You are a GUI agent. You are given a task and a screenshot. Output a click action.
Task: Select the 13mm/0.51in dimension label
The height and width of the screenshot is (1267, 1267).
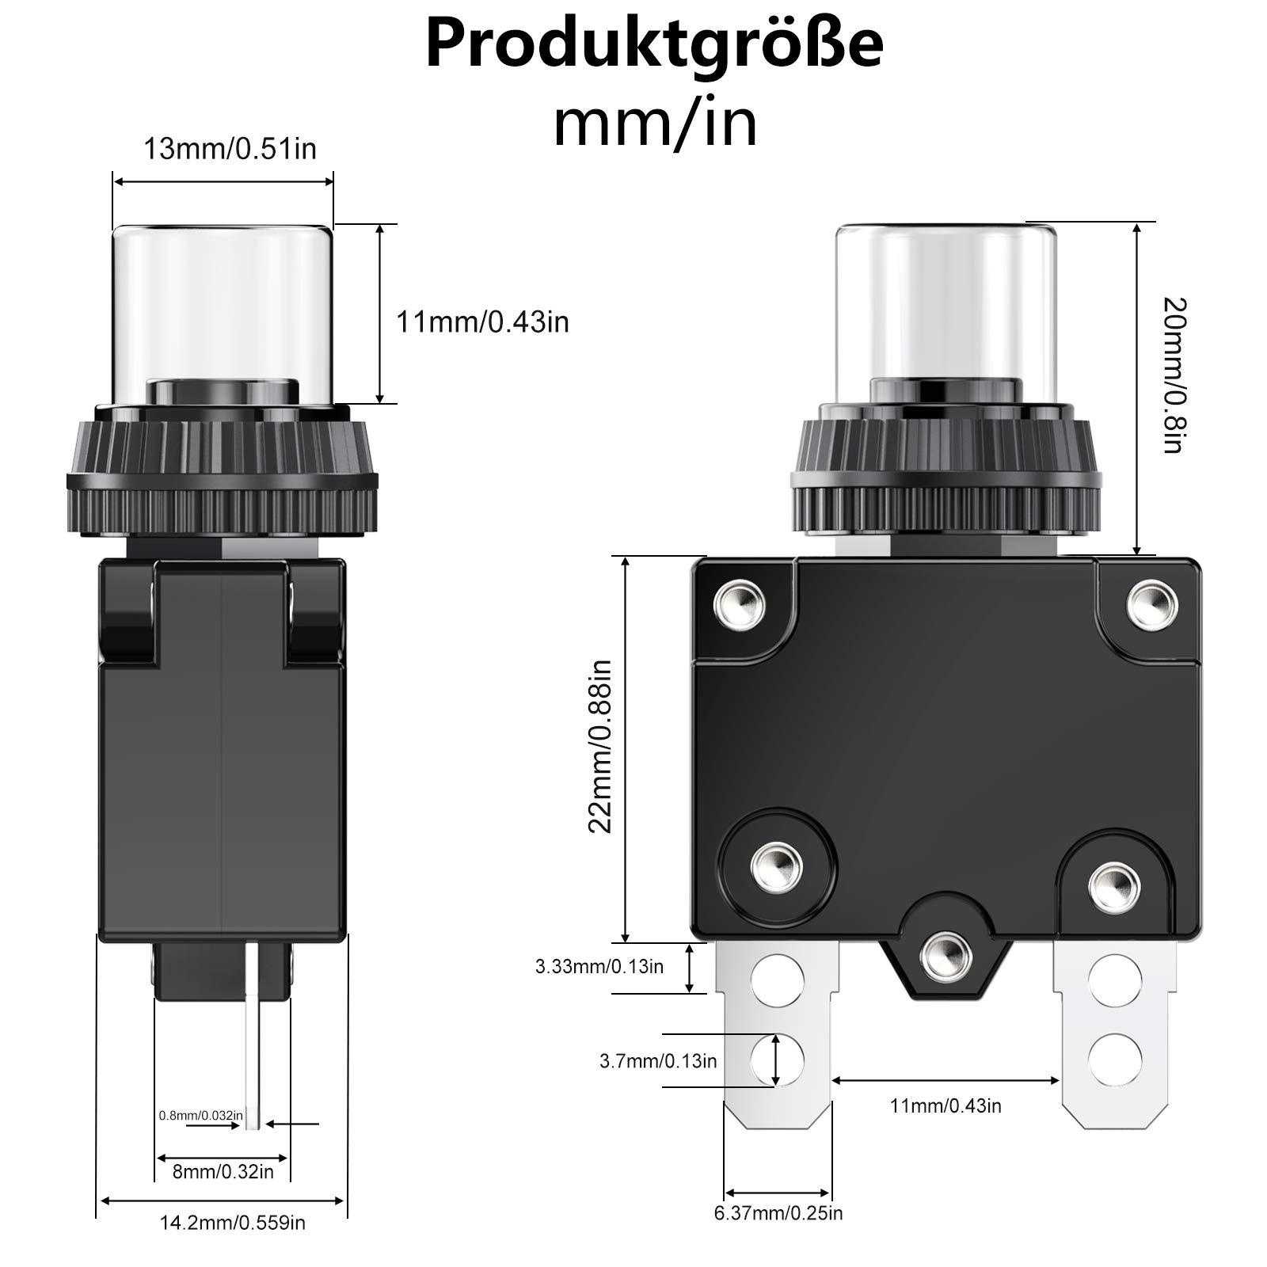[x=230, y=149]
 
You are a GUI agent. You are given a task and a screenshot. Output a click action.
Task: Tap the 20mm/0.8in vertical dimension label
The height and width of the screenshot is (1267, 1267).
[x=1174, y=375]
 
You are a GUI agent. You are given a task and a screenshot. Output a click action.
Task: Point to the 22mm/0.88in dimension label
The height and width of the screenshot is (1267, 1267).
[x=600, y=746]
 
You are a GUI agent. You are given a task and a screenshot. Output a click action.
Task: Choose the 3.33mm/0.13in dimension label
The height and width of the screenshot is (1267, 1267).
[x=599, y=966]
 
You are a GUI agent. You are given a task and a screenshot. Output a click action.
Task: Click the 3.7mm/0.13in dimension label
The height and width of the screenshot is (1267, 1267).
[x=658, y=1061]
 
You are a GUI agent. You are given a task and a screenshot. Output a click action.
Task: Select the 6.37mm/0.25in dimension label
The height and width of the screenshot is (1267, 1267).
[x=778, y=1212]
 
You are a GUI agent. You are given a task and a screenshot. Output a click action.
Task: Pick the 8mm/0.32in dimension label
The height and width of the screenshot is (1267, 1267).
[x=223, y=1171]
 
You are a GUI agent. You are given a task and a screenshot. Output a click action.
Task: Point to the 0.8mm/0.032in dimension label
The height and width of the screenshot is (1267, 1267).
[x=201, y=1115]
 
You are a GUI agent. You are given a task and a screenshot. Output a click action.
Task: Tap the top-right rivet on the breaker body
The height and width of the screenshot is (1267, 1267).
[x=1152, y=604]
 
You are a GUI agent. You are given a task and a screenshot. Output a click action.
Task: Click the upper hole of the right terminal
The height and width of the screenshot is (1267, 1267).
[x=1115, y=980]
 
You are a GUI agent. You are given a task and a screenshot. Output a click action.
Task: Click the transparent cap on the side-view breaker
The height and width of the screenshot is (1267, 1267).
[x=223, y=317]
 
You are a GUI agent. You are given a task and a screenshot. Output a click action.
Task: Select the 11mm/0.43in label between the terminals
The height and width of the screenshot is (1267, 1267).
[x=945, y=1105]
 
